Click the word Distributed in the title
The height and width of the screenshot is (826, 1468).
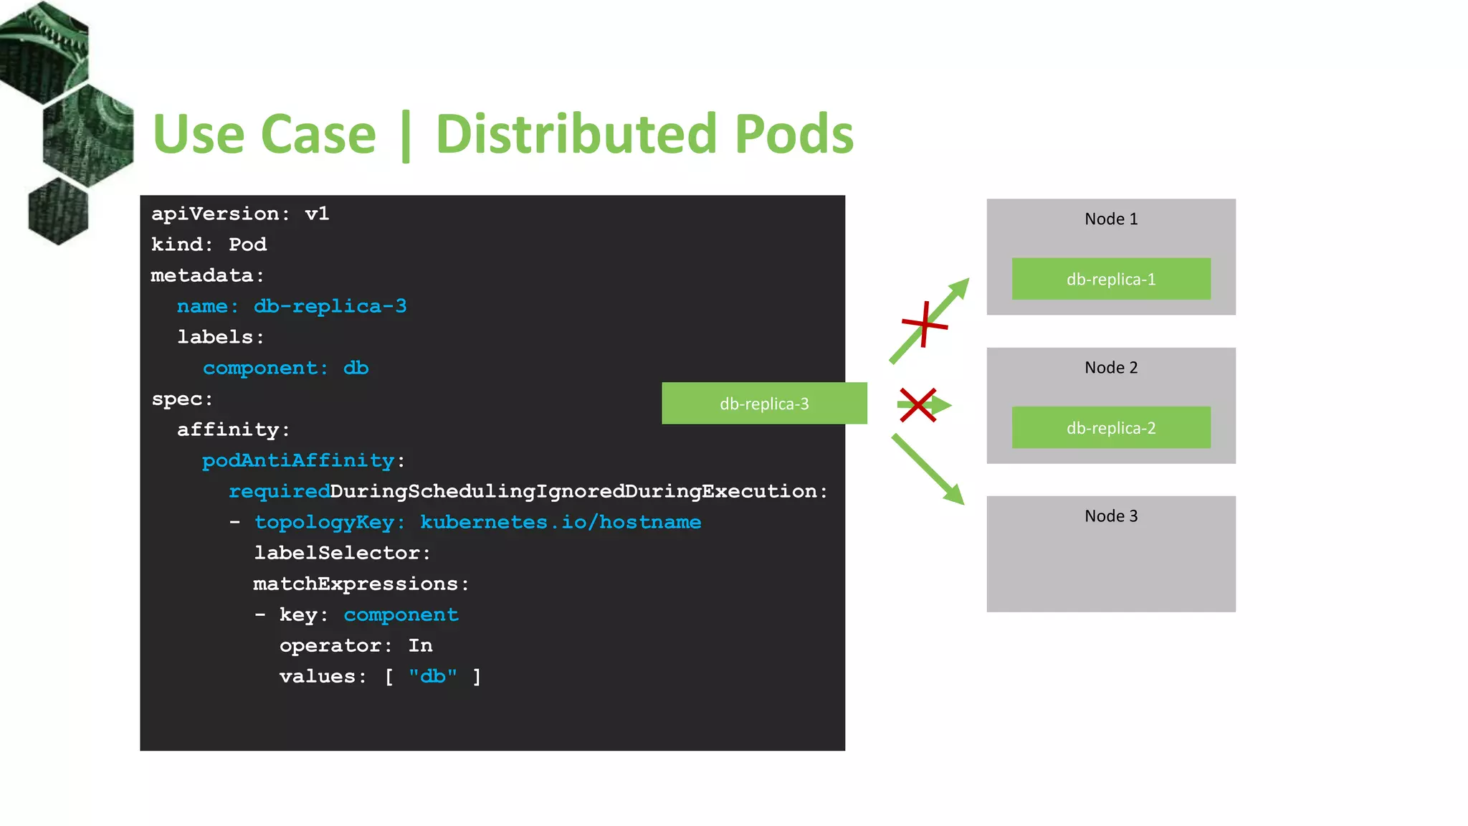[576, 134]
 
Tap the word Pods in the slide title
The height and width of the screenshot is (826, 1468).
[794, 134]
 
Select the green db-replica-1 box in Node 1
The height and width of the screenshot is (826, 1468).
[1111, 279]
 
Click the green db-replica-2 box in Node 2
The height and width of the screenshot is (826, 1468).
[1111, 428]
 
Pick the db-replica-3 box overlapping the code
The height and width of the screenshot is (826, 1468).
[764, 404]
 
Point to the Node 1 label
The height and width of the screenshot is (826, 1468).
[1111, 219]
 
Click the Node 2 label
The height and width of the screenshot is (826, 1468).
[1111, 368]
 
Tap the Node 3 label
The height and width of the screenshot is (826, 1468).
[1111, 516]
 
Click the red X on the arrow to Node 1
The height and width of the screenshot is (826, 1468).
[925, 325]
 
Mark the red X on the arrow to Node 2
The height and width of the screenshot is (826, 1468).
[917, 405]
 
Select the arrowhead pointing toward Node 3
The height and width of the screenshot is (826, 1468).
[954, 495]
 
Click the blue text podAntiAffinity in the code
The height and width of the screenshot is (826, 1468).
[298, 461]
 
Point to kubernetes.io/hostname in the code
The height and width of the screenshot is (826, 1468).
[561, 523]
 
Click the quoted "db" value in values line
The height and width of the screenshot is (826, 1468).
[433, 677]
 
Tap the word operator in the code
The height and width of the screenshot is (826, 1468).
[330, 646]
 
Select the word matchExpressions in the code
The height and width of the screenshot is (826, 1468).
[356, 584]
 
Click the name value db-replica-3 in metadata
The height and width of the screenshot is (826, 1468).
[330, 307]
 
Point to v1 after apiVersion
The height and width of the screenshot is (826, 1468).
[317, 214]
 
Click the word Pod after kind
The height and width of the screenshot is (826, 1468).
[247, 245]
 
